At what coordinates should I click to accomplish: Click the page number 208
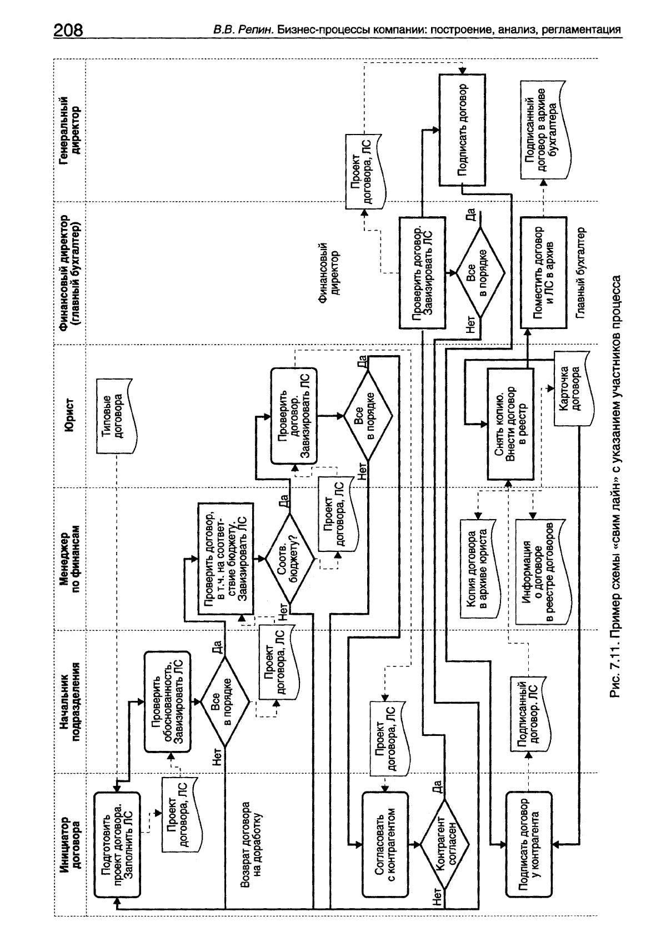coord(68,29)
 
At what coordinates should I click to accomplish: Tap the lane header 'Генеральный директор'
coord(70,131)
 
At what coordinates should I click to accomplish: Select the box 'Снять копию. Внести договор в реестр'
coord(510,424)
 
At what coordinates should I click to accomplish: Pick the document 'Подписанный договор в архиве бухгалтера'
coord(543,127)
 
